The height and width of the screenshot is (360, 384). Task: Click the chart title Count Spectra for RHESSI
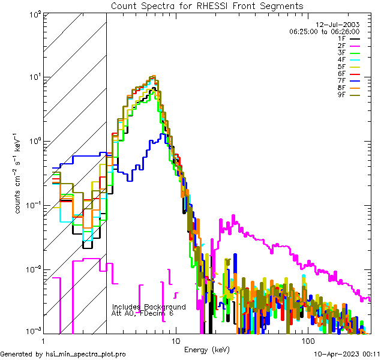tap(207, 5)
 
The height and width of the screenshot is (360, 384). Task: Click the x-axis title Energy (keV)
tap(207, 349)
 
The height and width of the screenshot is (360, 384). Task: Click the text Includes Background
tap(149, 307)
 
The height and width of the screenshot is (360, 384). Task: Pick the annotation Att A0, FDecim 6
tap(142, 313)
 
